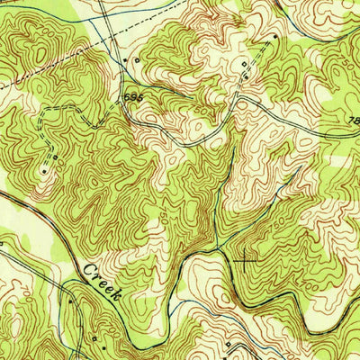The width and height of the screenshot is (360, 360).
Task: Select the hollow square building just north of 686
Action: coord(137,60)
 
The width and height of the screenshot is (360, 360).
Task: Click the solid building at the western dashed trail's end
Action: coord(43,167)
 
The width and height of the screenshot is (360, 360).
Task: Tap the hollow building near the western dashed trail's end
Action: coord(55,157)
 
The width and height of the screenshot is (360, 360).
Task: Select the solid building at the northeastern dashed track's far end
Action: coord(275,36)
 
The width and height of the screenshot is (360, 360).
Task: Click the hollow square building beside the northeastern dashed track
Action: coord(243,65)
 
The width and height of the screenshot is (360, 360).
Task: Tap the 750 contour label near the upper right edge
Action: coord(333,54)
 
